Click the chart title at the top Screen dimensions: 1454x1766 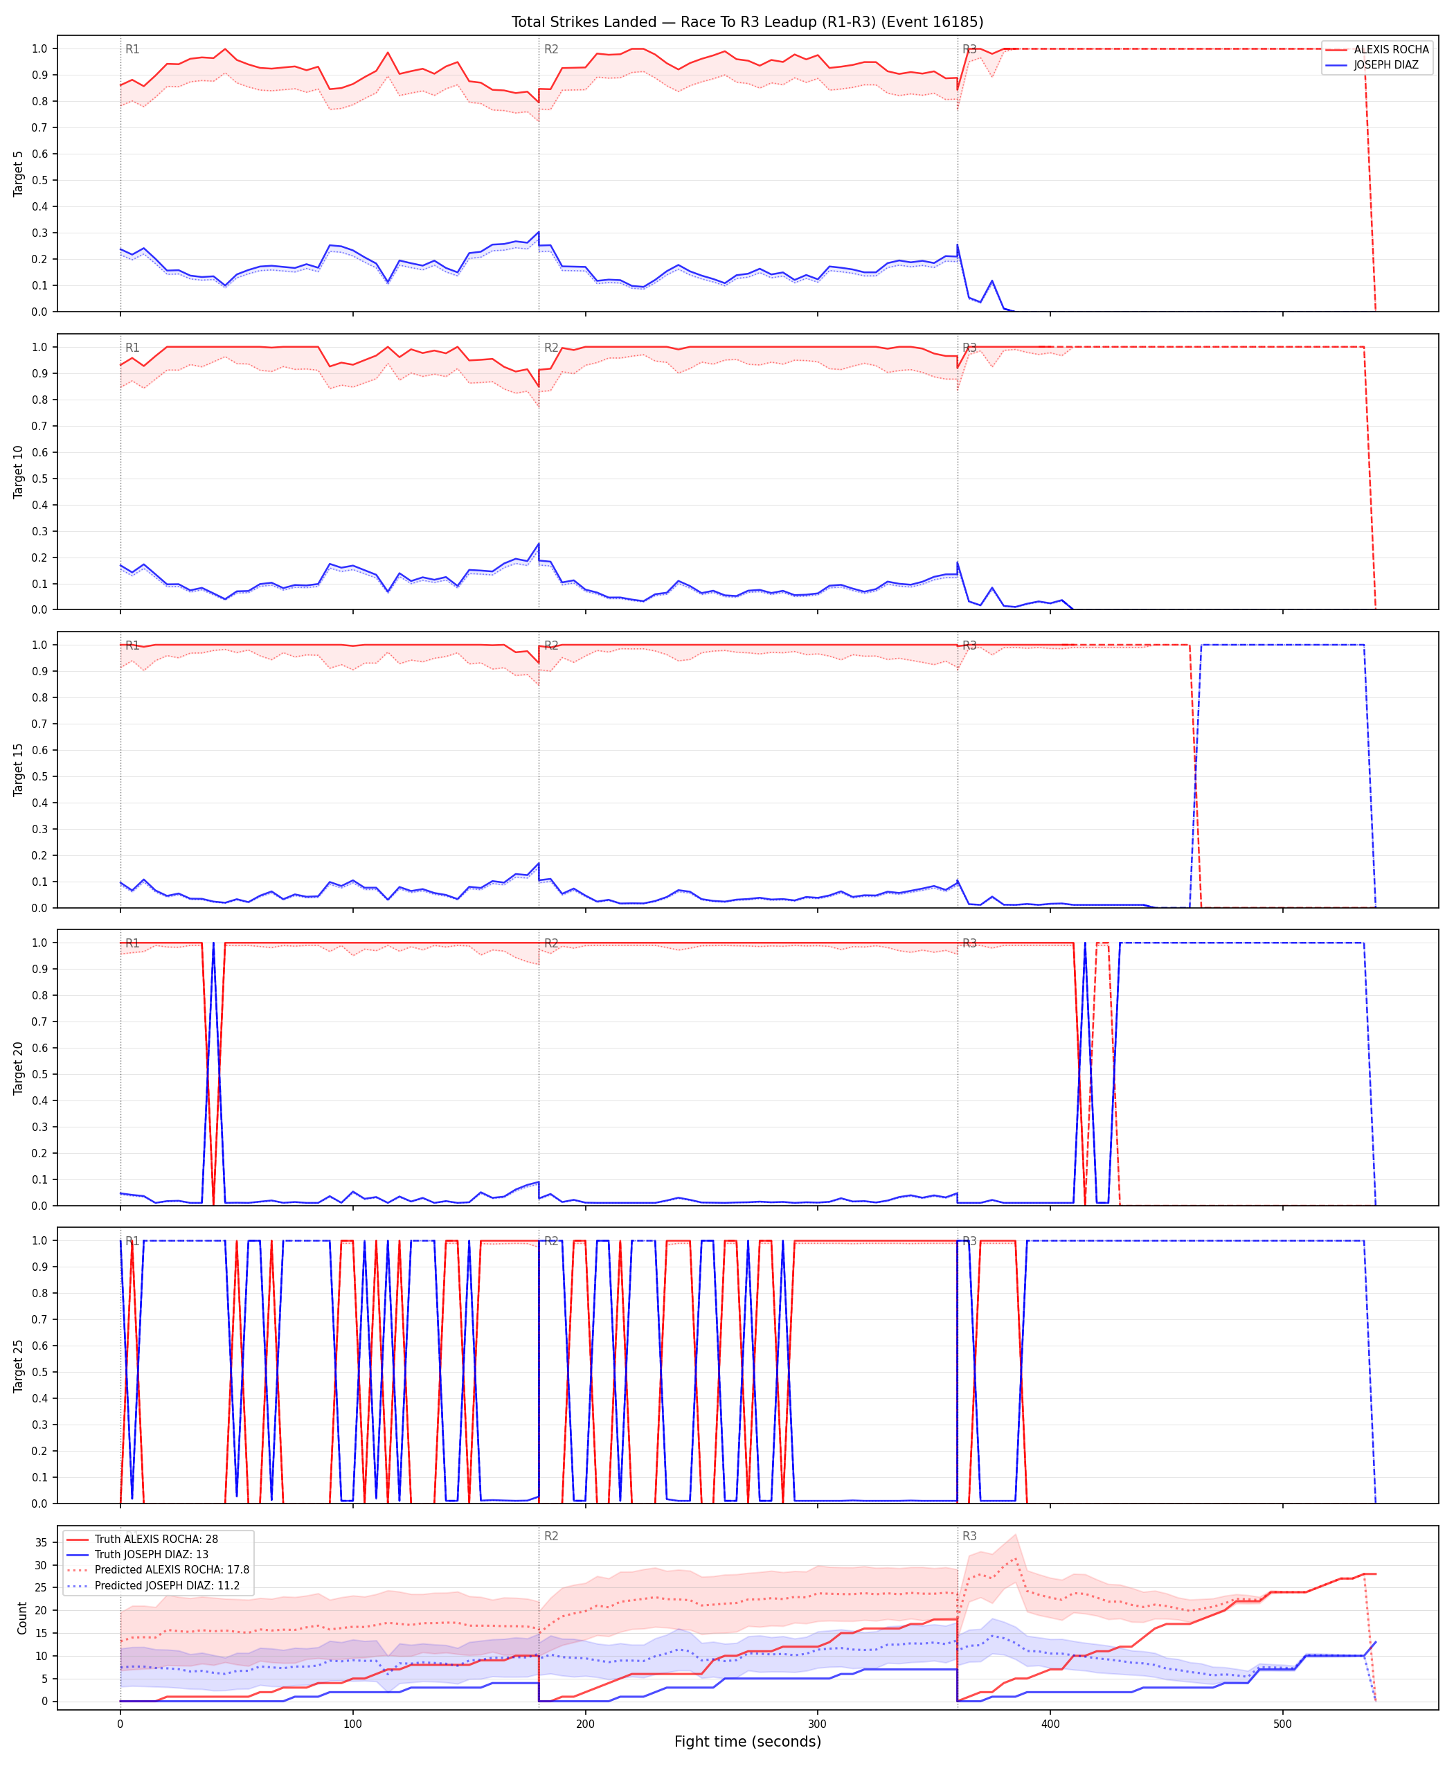point(747,21)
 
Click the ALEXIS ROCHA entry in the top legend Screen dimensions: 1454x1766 point(1391,49)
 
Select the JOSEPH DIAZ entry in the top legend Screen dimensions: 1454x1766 point(1386,64)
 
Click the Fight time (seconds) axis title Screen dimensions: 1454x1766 point(747,1741)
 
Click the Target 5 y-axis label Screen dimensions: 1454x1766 point(19,173)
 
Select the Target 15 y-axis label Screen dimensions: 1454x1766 point(19,769)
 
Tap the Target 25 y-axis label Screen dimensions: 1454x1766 point(19,1366)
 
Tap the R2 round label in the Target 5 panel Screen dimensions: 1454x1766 point(551,49)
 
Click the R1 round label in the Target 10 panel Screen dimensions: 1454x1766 point(132,348)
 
